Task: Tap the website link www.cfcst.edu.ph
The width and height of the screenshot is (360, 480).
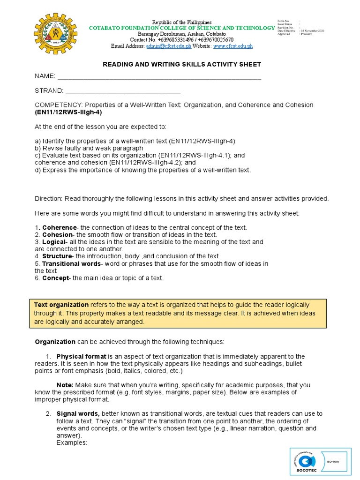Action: [x=233, y=46]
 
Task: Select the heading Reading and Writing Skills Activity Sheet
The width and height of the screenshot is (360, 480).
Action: [x=182, y=64]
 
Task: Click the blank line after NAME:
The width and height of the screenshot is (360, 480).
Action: [x=158, y=77]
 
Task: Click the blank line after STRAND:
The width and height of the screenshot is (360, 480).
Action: [x=123, y=91]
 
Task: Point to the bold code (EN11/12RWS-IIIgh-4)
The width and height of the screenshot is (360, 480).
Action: [x=68, y=112]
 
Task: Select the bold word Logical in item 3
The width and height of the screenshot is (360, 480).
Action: [x=54, y=242]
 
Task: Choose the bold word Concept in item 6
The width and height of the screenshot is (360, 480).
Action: [x=55, y=278]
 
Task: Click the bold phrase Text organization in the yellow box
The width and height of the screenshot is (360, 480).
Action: [x=61, y=305]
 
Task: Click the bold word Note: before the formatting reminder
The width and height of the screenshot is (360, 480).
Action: [x=65, y=385]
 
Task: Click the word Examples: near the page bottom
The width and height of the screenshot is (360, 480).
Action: [x=72, y=442]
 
